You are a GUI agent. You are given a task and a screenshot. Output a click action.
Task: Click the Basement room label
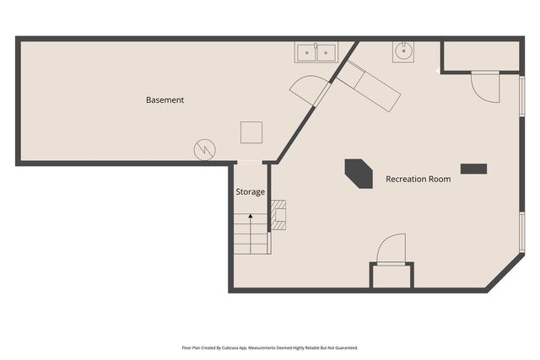(165, 99)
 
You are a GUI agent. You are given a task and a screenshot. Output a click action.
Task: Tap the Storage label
(250, 191)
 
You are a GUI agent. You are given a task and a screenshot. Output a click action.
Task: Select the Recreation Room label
(418, 179)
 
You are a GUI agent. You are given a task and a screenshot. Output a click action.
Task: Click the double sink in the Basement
(316, 52)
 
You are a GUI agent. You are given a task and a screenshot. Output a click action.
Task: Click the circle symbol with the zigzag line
(204, 149)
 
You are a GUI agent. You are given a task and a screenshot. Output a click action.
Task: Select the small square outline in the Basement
(251, 132)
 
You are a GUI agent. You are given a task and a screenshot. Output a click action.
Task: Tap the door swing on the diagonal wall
(307, 88)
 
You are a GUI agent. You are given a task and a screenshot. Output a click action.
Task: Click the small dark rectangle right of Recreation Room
(473, 169)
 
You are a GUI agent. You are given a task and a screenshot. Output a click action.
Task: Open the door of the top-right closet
(485, 87)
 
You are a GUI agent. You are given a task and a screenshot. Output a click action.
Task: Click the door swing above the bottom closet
(391, 250)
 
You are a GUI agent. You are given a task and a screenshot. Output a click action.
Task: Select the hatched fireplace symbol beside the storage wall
(279, 215)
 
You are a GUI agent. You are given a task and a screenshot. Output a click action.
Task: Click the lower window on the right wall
(522, 232)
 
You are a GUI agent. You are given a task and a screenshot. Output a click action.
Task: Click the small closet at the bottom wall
(391, 276)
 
